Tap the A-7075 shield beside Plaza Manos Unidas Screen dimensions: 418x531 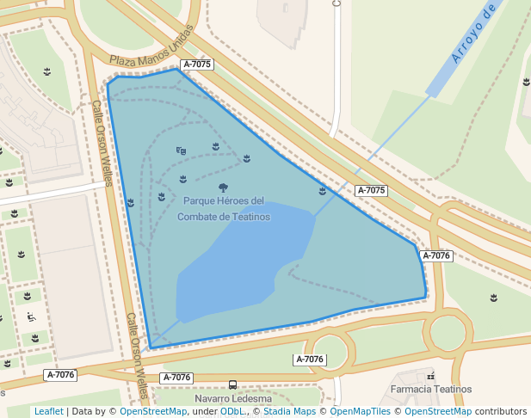196,65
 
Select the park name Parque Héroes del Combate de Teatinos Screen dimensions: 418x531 224,209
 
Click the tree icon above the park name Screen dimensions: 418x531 224,187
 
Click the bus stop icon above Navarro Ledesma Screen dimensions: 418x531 233,384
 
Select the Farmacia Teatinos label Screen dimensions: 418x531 431,390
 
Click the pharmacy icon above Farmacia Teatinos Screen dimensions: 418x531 430,377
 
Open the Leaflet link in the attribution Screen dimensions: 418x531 48,412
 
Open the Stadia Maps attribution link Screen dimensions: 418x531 289,412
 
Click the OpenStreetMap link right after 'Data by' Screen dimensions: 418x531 152,412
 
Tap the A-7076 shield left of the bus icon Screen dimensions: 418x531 176,378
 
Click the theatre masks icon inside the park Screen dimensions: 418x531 181,151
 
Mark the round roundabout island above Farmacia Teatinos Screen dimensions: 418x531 448,331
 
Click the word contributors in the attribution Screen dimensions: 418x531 502,412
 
